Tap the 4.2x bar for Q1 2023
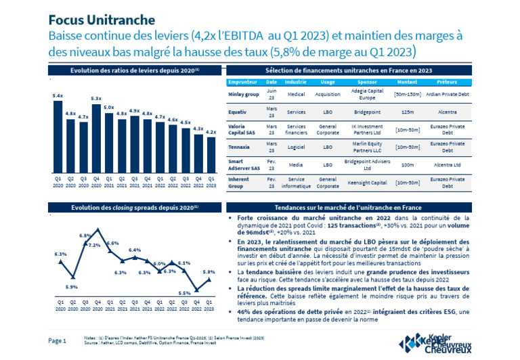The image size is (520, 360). click(211, 152)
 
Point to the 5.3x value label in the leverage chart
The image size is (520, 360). click(96, 99)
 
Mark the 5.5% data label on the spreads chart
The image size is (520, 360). click(183, 293)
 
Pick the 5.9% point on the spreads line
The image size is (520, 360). click(72, 277)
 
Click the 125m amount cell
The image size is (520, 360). click(408, 114)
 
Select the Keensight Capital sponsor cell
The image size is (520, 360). click(369, 183)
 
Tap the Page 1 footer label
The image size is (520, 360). click(57, 340)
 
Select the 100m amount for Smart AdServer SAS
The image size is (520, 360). click(408, 164)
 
